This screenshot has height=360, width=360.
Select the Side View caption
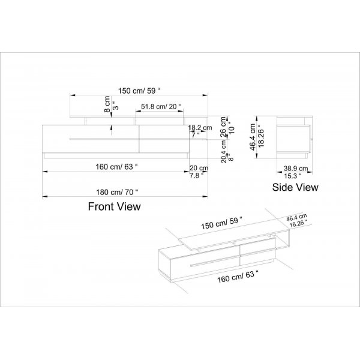click(x=295, y=187)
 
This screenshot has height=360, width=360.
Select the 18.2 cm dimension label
click(x=200, y=128)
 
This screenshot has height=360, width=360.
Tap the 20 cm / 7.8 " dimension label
click(x=199, y=171)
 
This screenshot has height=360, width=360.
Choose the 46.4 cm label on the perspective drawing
click(x=297, y=218)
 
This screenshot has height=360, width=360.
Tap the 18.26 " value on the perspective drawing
click(x=297, y=223)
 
